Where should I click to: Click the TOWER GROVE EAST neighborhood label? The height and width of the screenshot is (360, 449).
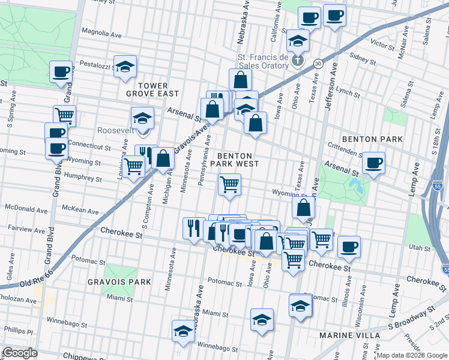(152, 89)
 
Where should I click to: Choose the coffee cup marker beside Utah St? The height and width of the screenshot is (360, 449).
(349, 247)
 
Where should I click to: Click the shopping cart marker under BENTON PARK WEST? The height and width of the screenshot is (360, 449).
(229, 185)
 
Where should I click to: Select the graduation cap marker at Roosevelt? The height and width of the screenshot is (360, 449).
(142, 118)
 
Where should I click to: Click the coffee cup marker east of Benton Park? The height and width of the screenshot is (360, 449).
(373, 162)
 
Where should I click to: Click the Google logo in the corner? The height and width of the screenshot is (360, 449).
(20, 353)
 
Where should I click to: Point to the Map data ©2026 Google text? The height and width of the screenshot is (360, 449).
(411, 355)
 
